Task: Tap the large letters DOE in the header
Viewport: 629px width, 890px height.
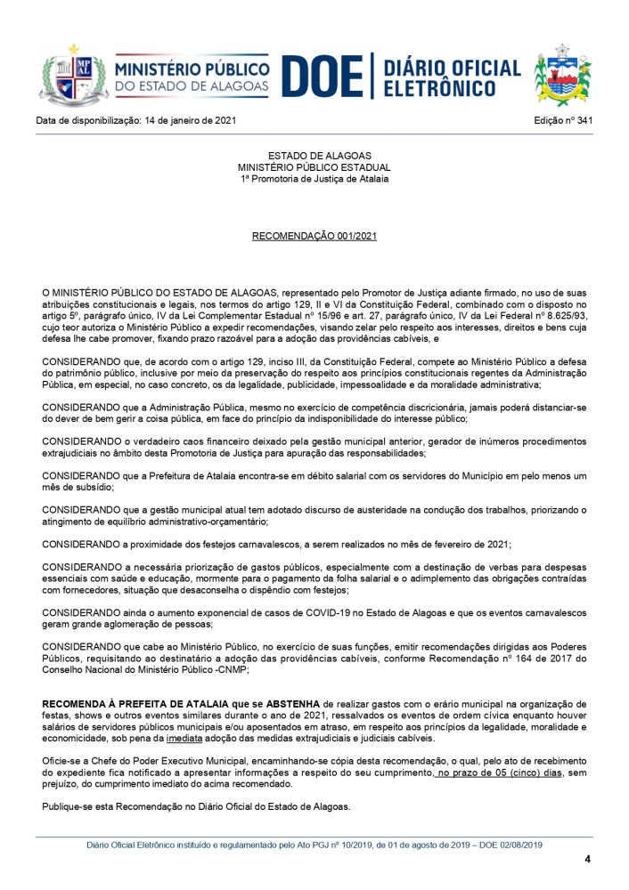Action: click(322, 77)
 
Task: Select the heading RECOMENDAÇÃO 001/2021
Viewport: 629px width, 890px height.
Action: click(314, 237)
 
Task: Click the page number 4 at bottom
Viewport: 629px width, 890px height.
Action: click(587, 859)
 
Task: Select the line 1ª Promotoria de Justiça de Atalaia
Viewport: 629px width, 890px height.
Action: click(314, 178)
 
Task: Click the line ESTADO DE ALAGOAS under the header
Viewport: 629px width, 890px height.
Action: click(314, 156)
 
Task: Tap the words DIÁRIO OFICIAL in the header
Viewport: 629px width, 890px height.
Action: click(452, 67)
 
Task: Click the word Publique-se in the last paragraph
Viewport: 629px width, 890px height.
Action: click(69, 806)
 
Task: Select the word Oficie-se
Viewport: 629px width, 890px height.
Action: click(64, 762)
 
